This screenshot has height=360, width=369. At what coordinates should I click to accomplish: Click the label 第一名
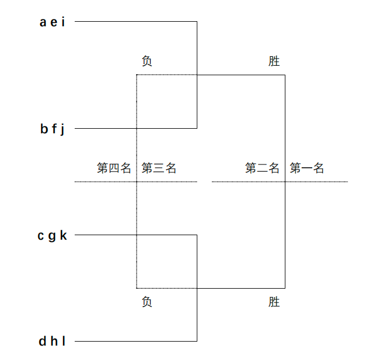pos(307,168)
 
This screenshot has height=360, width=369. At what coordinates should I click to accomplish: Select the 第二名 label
pos(262,168)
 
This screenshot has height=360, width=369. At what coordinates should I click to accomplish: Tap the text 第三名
pos(158,168)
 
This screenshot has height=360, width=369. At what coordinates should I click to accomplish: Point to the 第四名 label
pos(114,168)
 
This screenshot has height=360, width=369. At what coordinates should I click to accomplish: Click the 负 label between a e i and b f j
pos(147,61)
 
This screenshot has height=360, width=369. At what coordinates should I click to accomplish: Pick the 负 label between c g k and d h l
pos(147,302)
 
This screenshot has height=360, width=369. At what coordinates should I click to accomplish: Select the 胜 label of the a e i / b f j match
pos(274,61)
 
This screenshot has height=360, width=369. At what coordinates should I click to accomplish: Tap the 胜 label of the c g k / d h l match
pos(274,302)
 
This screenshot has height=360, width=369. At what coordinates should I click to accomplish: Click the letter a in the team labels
pos(43,22)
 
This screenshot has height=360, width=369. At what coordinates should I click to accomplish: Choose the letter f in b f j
pos(54,129)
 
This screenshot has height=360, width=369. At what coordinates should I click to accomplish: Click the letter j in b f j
pos(62,130)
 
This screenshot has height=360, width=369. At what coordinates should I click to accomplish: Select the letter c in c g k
pos(41,236)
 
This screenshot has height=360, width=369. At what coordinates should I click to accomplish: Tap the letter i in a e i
pos(63,22)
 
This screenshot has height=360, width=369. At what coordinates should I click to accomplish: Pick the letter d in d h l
pos(42,342)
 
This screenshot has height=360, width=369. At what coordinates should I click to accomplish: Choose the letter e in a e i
pos(54,22)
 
